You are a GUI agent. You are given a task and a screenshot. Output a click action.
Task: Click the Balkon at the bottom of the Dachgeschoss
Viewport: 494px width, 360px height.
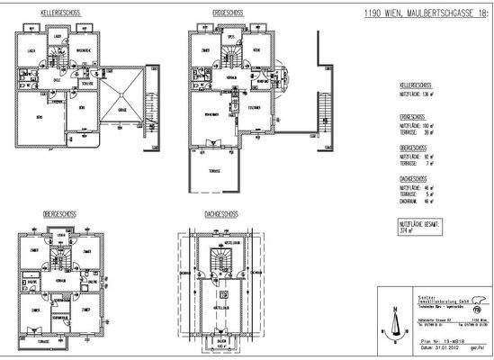220,340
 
